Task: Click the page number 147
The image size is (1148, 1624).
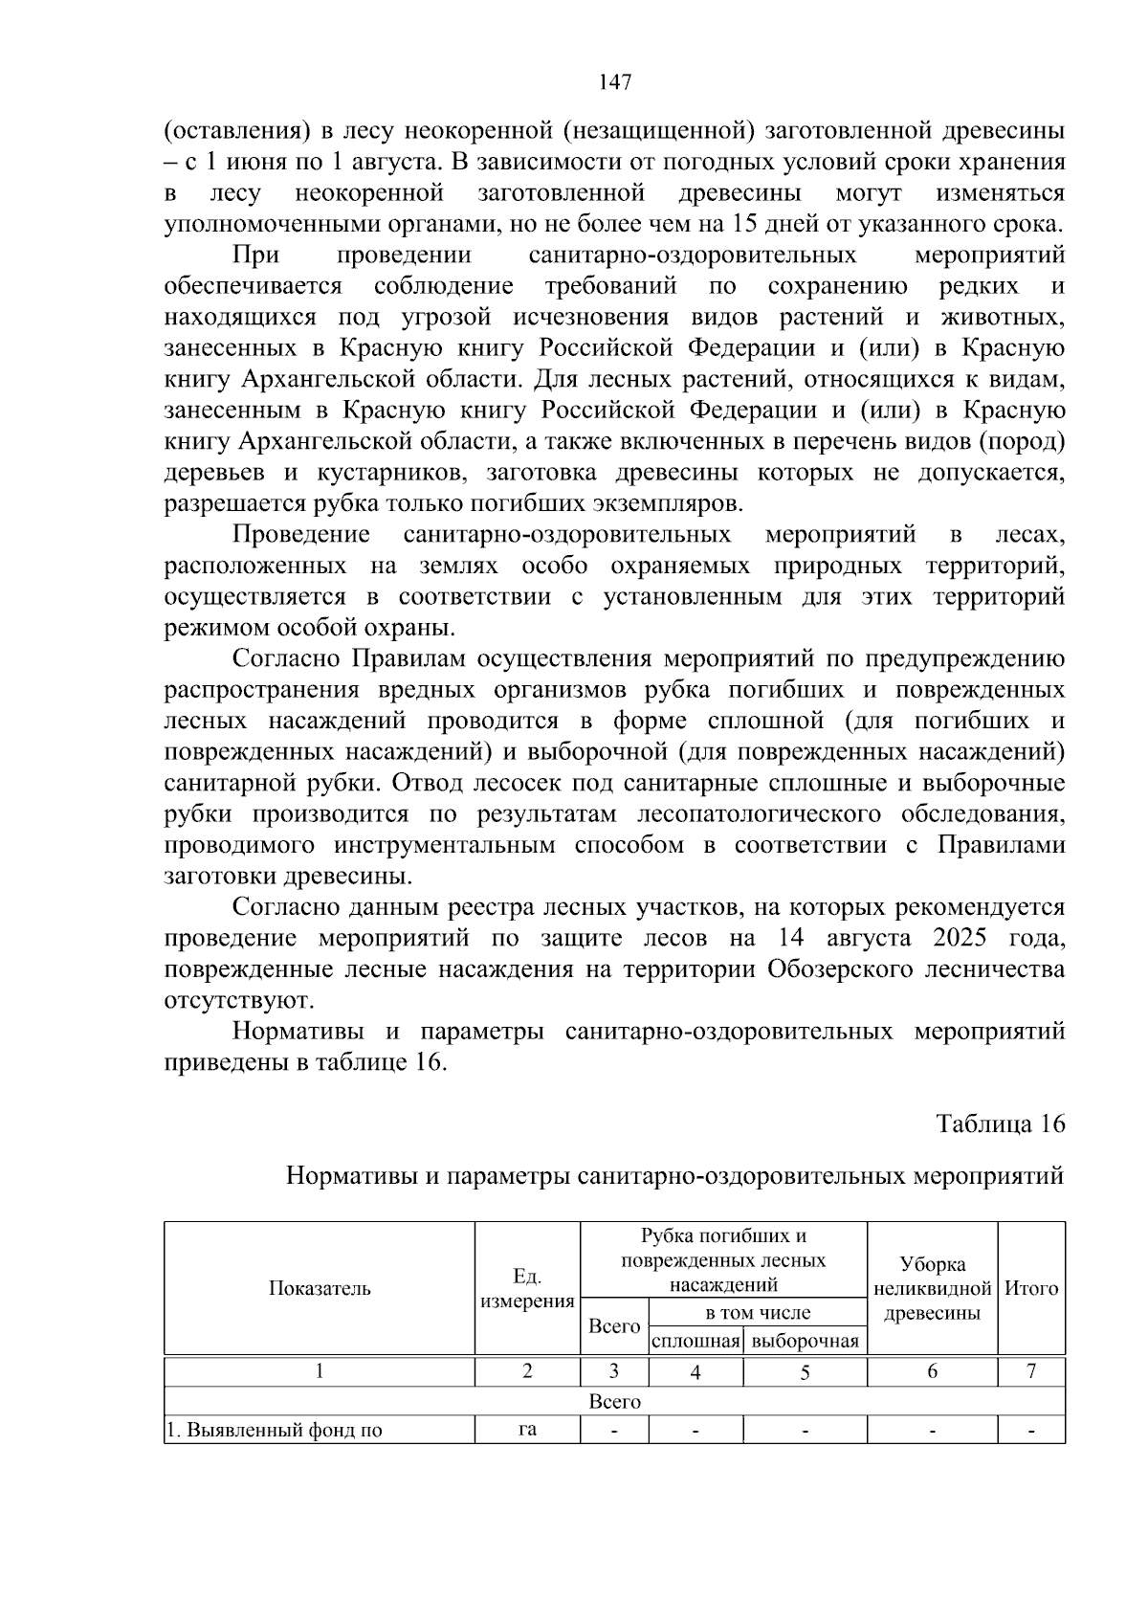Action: [x=615, y=83]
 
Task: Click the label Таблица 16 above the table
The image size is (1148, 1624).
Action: [x=1000, y=1123]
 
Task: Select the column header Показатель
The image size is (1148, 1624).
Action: [x=320, y=1288]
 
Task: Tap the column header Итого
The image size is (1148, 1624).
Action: [x=1031, y=1288]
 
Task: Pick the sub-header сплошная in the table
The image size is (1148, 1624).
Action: [x=695, y=1341]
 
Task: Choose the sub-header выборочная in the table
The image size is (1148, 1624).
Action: [x=805, y=1341]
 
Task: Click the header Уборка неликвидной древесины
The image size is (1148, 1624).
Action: [x=932, y=1288]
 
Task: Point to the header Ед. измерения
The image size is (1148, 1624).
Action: [x=527, y=1288]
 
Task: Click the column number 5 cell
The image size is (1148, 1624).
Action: [x=805, y=1371]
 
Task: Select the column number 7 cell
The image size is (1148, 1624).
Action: [x=1031, y=1371]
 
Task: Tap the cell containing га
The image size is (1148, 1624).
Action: [x=527, y=1431]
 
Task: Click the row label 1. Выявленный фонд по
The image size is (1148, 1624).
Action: [x=275, y=1432]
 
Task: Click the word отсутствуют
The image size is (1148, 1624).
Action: [x=239, y=1000]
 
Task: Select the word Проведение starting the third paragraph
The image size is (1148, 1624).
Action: [x=301, y=534]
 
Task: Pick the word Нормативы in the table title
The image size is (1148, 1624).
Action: [x=352, y=1175]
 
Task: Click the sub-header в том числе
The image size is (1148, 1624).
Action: [x=757, y=1313]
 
